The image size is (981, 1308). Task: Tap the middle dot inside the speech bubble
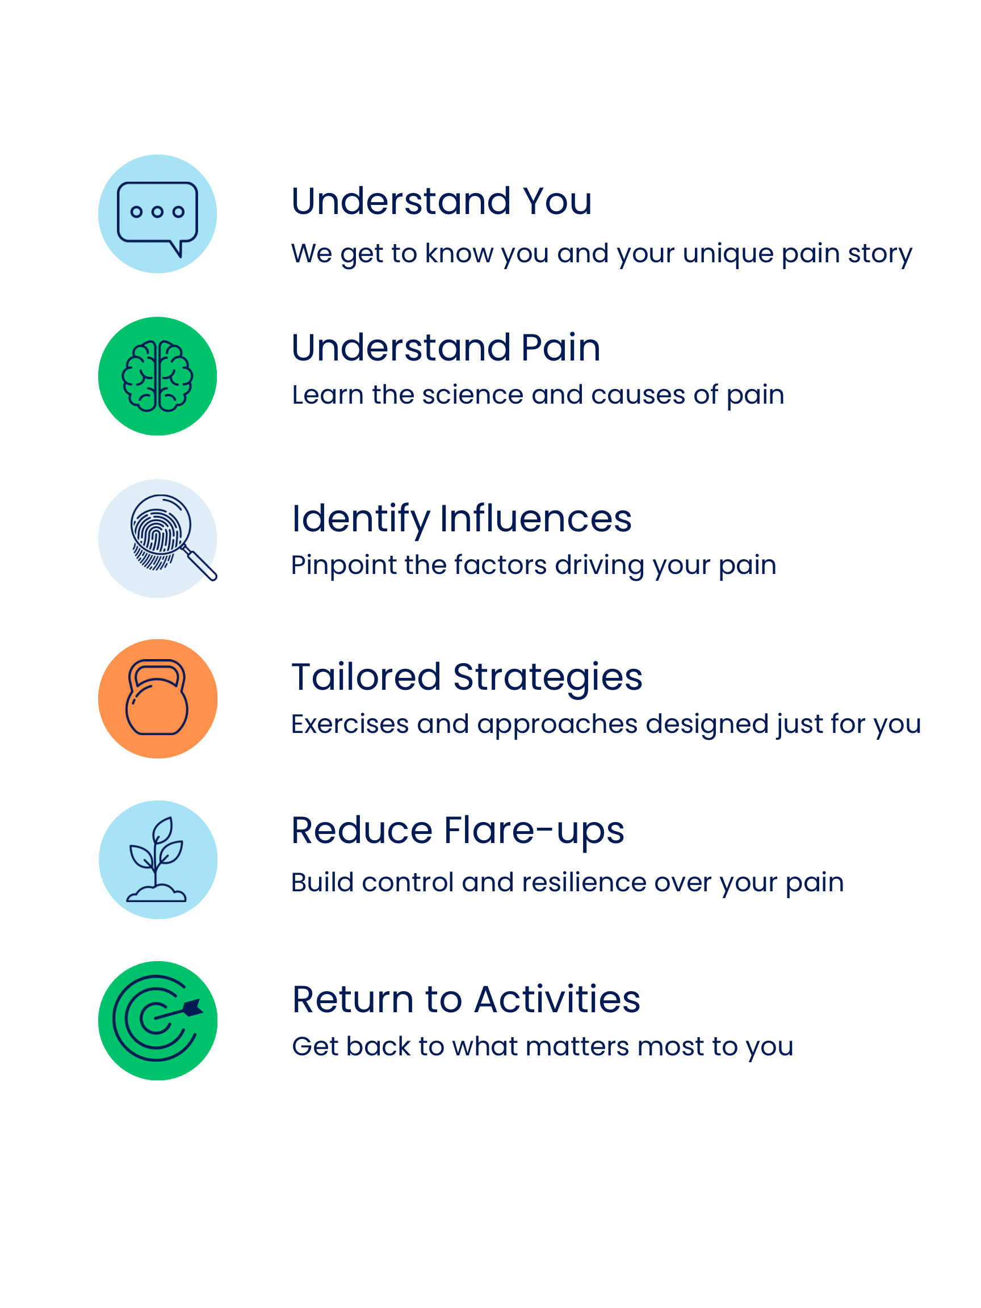pyautogui.click(x=157, y=212)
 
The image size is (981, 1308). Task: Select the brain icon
pyautogui.click(x=157, y=376)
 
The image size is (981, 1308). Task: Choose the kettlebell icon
pyautogui.click(x=157, y=698)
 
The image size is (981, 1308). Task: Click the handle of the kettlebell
pyautogui.click(x=157, y=671)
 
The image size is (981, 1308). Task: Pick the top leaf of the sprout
pyautogui.click(x=162, y=830)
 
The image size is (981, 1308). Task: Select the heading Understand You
pyautogui.click(x=441, y=202)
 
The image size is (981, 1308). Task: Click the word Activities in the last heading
pyautogui.click(x=556, y=1000)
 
